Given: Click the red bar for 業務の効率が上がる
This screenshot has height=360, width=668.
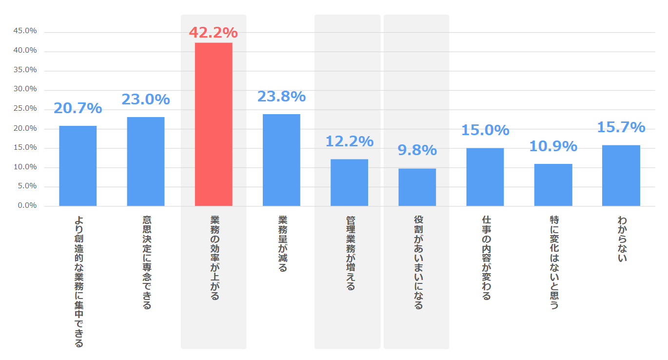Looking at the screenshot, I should click(214, 124).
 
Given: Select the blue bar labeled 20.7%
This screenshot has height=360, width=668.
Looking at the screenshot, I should click(78, 166).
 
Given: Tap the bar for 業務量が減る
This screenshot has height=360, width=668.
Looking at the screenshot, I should click(281, 160).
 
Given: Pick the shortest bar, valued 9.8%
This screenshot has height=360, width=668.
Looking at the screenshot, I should click(417, 187).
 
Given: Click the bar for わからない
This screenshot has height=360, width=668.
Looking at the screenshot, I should click(621, 176).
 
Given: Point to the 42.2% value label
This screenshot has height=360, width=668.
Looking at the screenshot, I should click(213, 33).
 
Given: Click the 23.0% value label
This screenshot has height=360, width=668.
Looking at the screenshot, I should click(145, 100).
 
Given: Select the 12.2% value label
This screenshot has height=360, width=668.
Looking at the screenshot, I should click(349, 141).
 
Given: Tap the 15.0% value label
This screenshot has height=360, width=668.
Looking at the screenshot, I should click(485, 130).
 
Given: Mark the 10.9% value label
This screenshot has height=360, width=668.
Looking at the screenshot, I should click(553, 146).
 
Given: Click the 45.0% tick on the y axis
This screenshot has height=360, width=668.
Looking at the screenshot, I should click(25, 31).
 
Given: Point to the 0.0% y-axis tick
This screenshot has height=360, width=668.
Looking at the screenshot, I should click(27, 206).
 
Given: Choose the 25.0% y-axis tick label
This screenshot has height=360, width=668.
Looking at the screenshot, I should click(25, 109).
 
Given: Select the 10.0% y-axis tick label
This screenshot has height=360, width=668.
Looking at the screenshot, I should click(25, 167).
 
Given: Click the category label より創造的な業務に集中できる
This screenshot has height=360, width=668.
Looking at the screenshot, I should click(78, 281).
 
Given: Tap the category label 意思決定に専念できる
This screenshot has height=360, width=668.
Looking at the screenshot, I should click(146, 262).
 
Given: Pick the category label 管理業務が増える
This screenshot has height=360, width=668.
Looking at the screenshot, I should click(350, 253).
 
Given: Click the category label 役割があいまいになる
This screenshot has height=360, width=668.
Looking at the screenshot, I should click(417, 262).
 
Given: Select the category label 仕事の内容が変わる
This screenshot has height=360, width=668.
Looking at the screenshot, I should click(485, 258).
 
